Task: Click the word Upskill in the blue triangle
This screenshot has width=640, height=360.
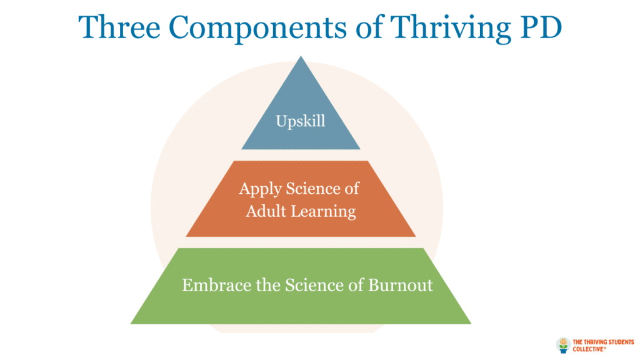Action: click(301, 121)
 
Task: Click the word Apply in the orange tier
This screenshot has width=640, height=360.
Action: click(260, 189)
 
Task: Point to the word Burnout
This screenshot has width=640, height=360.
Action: click(401, 285)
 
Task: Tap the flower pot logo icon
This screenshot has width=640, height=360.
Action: click(563, 345)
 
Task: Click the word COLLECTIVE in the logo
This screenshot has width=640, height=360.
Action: click(588, 349)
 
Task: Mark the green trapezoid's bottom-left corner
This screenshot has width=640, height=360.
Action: click(131, 324)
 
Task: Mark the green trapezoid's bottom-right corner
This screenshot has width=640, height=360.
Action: click(471, 324)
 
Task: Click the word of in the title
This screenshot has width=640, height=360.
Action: click(369, 27)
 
